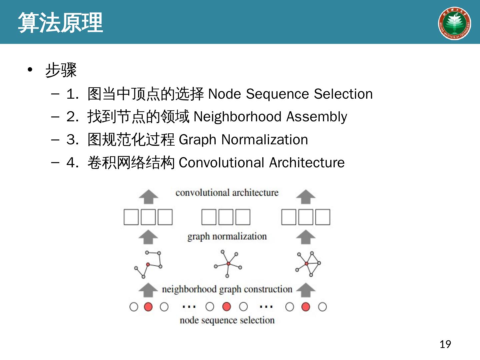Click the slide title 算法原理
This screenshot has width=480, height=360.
60,23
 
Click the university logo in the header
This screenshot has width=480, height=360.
454,23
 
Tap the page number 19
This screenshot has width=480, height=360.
445,344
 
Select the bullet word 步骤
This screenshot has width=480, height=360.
61,70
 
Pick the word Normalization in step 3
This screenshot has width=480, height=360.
265,140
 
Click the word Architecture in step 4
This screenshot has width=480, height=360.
307,163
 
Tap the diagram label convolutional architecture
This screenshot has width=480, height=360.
227,193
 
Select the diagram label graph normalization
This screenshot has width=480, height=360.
227,236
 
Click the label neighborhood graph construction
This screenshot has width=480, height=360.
227,289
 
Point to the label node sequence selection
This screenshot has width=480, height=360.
227,320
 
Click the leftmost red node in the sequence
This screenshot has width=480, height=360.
148,307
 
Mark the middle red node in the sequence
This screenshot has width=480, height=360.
227,306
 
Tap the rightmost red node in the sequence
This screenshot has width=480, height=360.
305,307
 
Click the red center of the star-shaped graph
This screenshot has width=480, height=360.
228,264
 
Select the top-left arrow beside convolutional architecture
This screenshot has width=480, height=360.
148,197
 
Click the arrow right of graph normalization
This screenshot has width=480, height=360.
305,237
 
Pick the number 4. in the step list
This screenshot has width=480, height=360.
72,163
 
